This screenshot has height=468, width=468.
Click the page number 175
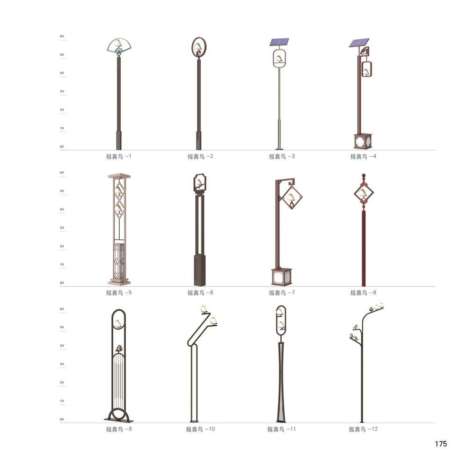tap(441, 444)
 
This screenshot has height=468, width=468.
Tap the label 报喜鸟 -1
tap(118, 156)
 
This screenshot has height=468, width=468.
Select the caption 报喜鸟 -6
tap(200, 293)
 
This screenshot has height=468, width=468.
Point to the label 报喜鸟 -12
tap(363, 429)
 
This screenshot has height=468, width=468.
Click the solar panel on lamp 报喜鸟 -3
tap(279, 42)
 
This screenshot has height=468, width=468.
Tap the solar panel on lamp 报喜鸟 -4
tap(359, 43)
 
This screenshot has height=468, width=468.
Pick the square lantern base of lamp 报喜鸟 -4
tap(363, 141)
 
